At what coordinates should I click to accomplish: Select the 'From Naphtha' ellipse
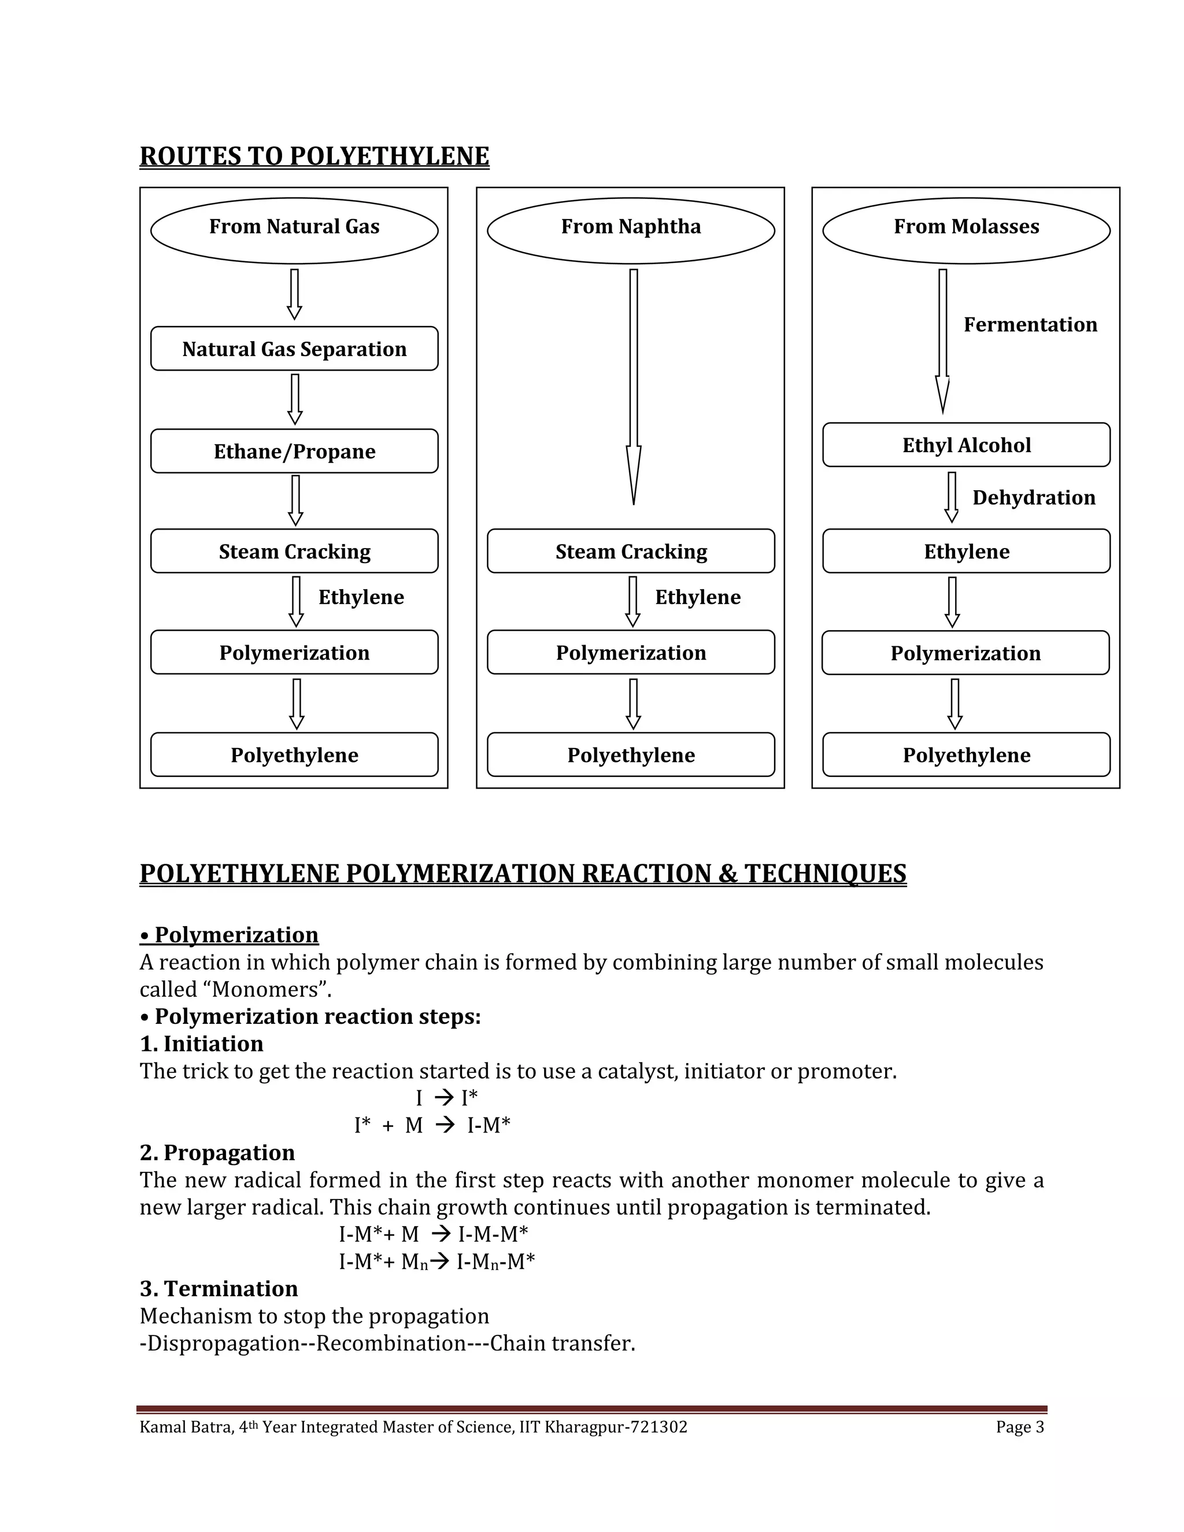coord(631,230)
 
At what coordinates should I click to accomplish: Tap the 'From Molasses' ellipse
coord(966,230)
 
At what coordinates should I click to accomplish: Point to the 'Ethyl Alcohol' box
coord(966,445)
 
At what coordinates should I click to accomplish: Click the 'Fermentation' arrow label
coord(1030,325)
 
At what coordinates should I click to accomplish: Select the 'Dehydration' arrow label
coord(1033,498)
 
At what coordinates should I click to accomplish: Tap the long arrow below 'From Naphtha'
coord(634,386)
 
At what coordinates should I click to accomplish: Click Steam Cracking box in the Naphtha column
coord(631,552)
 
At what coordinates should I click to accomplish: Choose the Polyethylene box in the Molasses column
coord(966,755)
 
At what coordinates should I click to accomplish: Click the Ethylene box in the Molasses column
coord(966,552)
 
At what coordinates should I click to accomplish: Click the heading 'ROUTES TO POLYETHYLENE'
coord(314,156)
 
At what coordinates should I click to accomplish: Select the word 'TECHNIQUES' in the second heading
coord(825,874)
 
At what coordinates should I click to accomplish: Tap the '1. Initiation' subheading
coord(202,1043)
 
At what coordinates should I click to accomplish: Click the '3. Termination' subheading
coord(219,1289)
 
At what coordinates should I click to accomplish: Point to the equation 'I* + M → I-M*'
coord(432,1125)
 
